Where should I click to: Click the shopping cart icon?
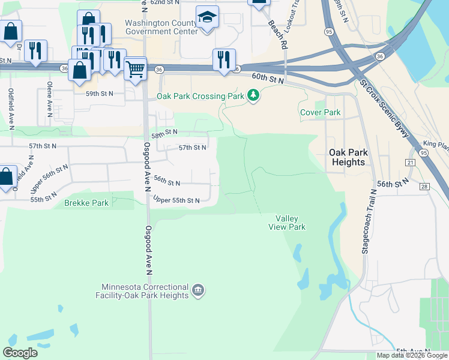[x=136, y=70]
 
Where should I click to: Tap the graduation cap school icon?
[x=208, y=18]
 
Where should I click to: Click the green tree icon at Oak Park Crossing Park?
[x=254, y=95]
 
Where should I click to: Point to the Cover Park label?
[x=320, y=112]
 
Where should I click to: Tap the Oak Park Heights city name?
[x=348, y=157]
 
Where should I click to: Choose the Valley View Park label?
[x=291, y=223]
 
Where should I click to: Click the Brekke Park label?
[x=86, y=203]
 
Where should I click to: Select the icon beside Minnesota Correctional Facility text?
[x=198, y=292]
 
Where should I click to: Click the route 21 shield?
[x=411, y=163]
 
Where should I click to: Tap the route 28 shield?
[x=425, y=187]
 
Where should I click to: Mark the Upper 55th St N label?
[x=176, y=200]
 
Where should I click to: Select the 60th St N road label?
[x=267, y=77]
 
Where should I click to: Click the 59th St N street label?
[x=99, y=94]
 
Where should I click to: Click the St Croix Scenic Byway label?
[x=384, y=109]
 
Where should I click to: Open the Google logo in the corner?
[x=20, y=353]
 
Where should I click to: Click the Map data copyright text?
[x=412, y=355]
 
